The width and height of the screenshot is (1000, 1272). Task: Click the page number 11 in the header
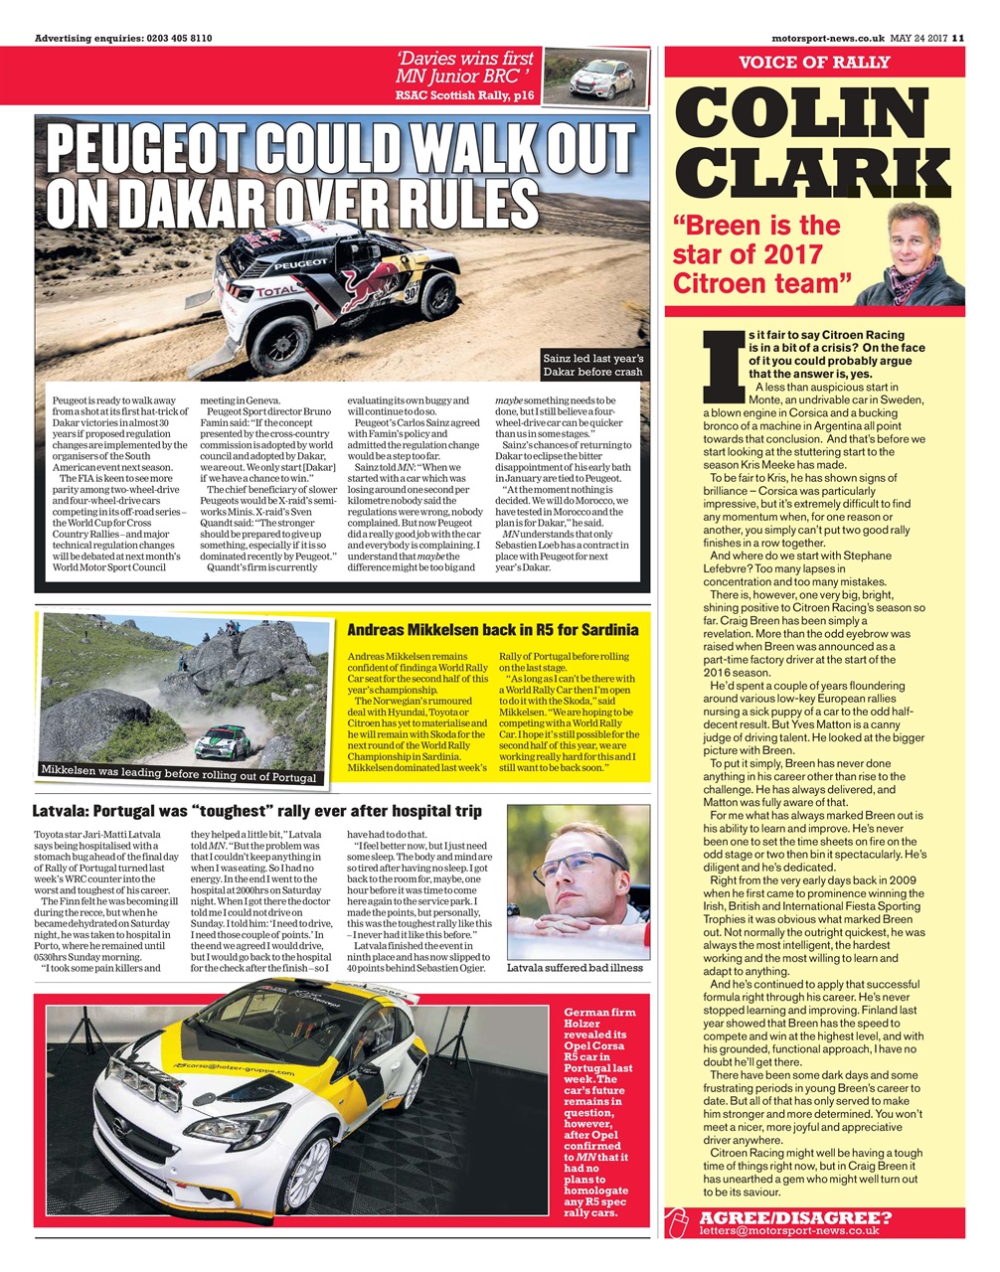958,39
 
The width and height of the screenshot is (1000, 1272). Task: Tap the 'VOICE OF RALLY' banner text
814,63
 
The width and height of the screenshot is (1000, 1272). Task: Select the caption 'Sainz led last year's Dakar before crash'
593,365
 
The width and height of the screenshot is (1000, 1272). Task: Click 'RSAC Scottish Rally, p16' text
464,95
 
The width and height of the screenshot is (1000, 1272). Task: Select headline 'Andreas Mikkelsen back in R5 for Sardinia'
492,630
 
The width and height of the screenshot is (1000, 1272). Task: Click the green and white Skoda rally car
221,742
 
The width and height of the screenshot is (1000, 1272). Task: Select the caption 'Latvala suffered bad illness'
575,967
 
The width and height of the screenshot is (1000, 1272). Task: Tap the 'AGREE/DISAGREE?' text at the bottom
795,1218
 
